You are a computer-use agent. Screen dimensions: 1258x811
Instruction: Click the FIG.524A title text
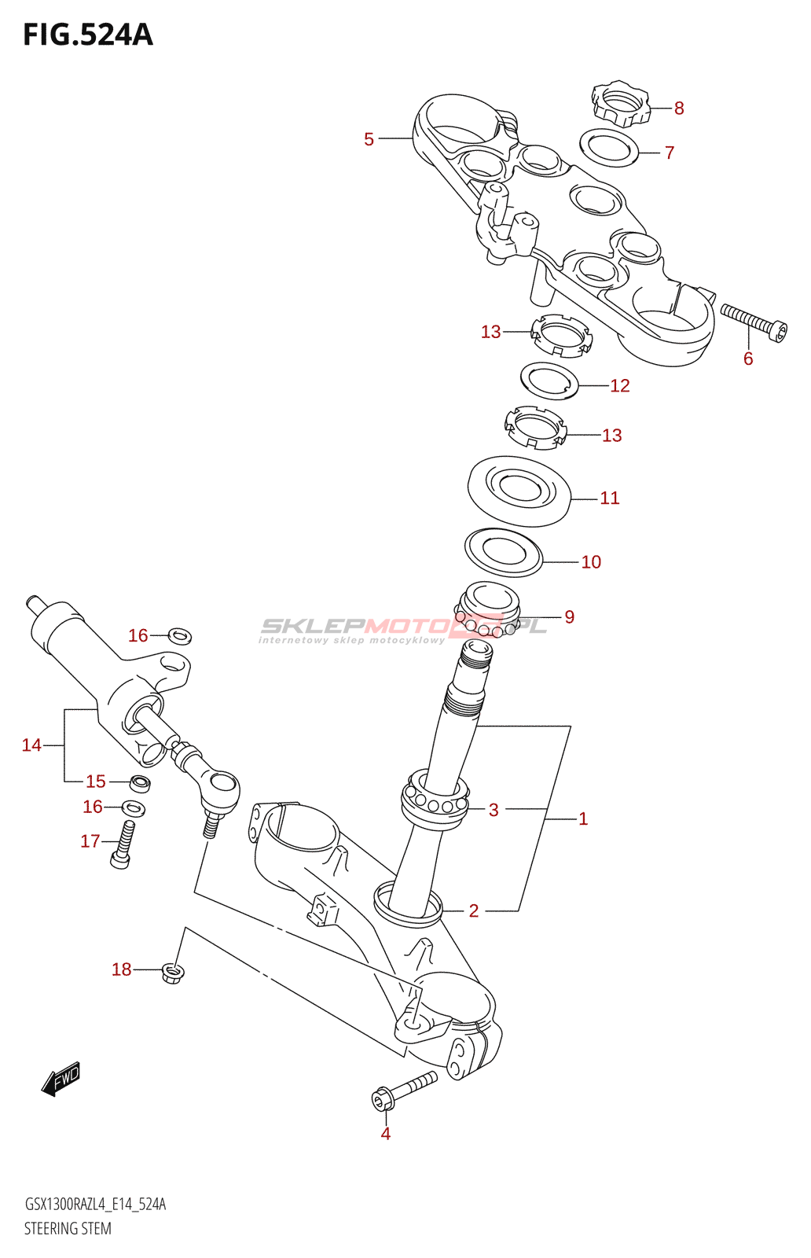88,35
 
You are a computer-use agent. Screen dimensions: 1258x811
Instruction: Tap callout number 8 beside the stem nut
679,109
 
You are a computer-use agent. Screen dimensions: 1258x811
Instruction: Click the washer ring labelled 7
608,149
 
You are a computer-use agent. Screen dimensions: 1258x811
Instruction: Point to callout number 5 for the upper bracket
369,139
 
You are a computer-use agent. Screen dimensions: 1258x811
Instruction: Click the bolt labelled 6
754,322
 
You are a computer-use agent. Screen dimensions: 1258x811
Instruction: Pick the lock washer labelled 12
549,381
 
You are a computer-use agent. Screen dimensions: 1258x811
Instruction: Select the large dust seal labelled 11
519,491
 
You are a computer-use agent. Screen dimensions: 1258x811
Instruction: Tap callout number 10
591,562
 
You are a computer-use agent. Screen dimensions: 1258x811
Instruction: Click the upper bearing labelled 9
488,609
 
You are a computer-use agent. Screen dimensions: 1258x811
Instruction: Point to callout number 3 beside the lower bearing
494,810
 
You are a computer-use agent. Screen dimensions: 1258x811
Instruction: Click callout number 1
583,818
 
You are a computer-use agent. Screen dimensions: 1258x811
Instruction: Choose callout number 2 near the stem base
474,910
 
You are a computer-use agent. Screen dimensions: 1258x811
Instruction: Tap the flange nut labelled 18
172,973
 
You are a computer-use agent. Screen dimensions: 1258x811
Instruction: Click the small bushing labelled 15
140,783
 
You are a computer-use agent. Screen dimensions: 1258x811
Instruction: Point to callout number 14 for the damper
31,745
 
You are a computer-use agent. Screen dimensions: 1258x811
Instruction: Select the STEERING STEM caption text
68,1228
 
